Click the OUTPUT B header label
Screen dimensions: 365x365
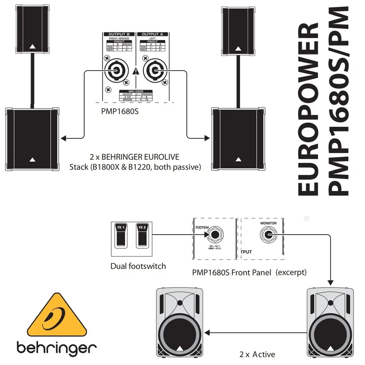(x=116, y=34)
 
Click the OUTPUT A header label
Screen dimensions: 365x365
(x=150, y=34)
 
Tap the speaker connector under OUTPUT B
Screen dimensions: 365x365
(x=116, y=71)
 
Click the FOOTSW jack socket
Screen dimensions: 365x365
(x=215, y=235)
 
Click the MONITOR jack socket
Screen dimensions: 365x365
(x=268, y=235)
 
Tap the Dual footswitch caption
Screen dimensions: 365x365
(x=138, y=266)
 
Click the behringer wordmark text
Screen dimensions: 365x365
(x=56, y=348)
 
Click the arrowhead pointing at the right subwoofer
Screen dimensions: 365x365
(x=207, y=138)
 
